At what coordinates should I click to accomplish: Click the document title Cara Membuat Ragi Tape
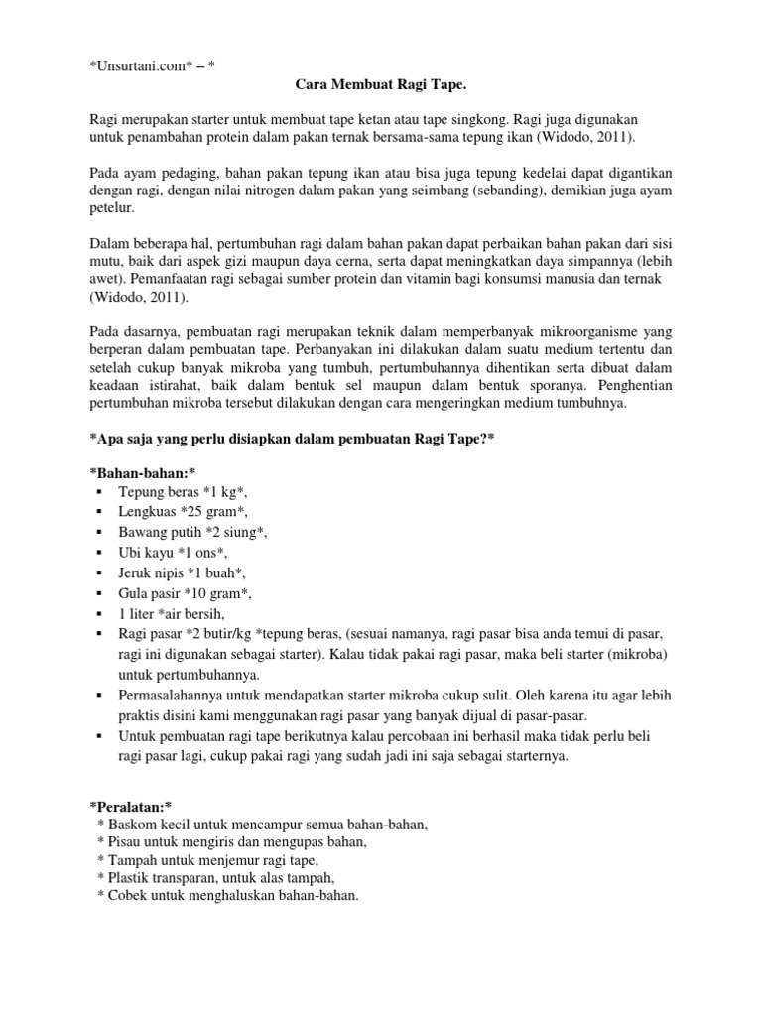click(379, 88)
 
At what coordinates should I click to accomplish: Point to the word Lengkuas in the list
click(149, 511)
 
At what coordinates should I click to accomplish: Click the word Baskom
click(134, 825)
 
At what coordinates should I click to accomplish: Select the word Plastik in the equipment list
click(131, 879)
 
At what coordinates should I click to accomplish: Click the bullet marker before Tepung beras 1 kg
click(100, 492)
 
